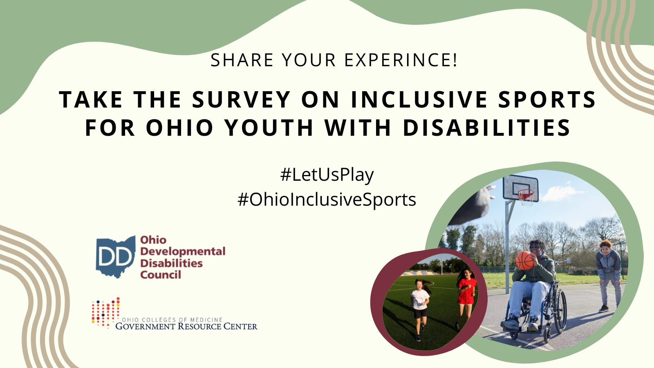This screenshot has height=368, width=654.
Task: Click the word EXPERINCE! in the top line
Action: [x=401, y=60]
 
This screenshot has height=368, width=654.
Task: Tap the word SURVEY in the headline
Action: [x=241, y=100]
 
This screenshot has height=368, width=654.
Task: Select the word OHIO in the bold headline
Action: [x=180, y=128]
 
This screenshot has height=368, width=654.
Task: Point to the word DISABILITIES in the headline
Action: [x=486, y=128]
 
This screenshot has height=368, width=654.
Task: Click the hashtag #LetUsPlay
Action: [x=327, y=175]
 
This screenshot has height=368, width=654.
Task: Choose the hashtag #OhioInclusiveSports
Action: [x=327, y=200]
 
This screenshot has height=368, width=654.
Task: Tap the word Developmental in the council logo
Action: [x=183, y=251]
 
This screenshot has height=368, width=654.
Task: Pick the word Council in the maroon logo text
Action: [x=161, y=275]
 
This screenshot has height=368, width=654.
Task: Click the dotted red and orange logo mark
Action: [x=105, y=313]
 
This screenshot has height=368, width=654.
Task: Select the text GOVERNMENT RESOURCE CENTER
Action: [x=186, y=326]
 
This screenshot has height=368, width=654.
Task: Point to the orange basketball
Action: [x=525, y=260]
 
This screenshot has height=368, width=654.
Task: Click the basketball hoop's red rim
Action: [x=526, y=193]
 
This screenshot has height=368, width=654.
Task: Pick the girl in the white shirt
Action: [x=420, y=305]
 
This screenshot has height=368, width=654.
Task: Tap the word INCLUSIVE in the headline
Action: [x=419, y=100]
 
